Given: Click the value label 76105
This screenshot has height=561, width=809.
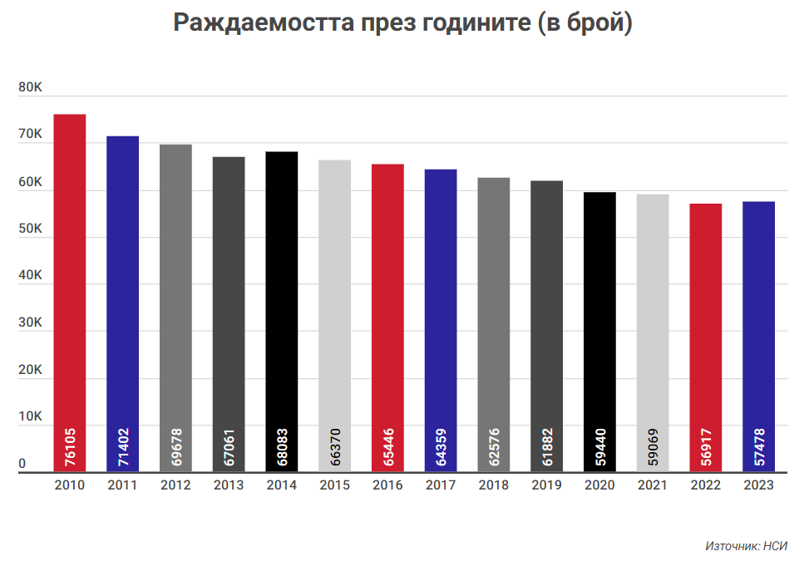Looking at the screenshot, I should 70,447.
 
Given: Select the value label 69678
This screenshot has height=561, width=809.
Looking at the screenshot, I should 176,447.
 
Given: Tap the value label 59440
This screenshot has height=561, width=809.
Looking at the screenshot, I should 600,447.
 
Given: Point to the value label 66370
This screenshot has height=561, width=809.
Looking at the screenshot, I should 335,447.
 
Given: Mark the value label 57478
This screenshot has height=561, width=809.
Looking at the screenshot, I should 759,447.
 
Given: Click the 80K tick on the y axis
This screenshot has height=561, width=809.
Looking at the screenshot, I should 30,86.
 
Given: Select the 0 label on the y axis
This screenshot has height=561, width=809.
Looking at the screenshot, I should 23,464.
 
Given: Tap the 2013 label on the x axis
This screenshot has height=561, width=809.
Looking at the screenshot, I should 229,485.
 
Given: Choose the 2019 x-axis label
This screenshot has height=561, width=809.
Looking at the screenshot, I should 547,485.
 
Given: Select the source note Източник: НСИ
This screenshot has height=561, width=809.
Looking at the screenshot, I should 746,546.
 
